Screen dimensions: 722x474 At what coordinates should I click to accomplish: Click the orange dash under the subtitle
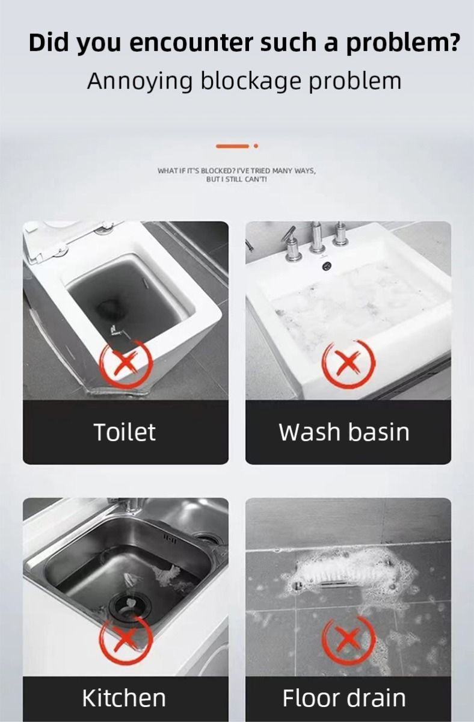(232, 146)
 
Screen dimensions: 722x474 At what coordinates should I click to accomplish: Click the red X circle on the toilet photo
(126, 363)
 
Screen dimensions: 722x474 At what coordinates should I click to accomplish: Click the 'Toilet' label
(125, 432)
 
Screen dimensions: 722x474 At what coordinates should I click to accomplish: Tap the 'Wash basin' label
(344, 432)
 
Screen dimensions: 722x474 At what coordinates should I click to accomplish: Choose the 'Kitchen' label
(124, 698)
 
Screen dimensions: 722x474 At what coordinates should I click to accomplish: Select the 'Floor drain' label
(344, 698)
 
